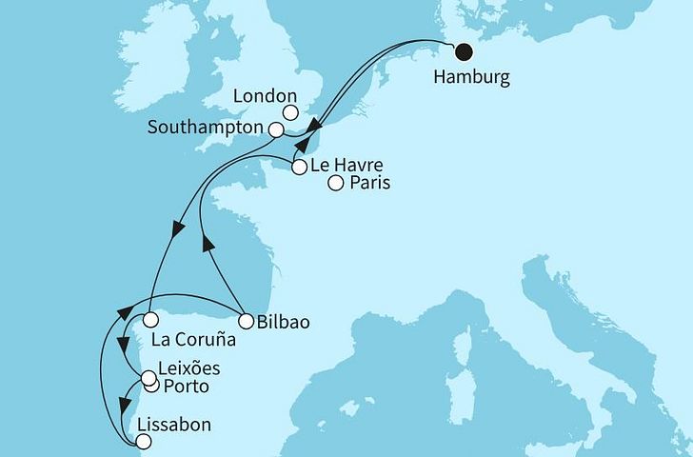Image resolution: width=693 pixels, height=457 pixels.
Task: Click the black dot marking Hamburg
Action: (x=465, y=53)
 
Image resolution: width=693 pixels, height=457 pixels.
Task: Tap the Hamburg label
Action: (x=470, y=79)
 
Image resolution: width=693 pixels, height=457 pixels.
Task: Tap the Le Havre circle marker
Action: (x=299, y=168)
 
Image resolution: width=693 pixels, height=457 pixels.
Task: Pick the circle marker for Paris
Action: (x=335, y=184)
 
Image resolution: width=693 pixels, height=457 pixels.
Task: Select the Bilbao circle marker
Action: (x=245, y=321)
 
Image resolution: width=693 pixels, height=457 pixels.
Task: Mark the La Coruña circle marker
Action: (x=150, y=319)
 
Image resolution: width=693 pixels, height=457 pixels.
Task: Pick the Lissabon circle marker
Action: (x=143, y=441)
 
